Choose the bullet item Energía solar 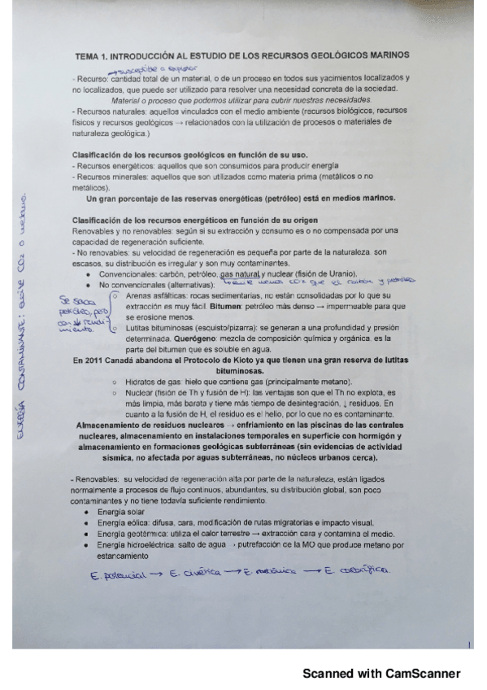(x=121, y=513)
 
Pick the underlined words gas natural (x=240, y=274)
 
